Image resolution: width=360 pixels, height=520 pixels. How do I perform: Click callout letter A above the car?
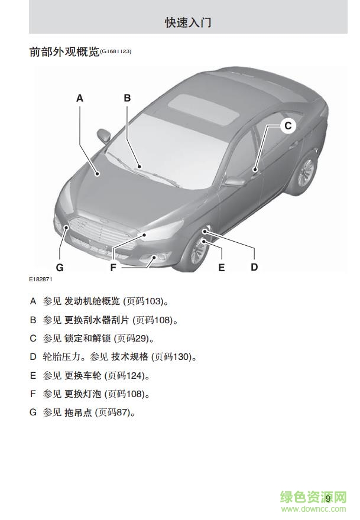point(80,98)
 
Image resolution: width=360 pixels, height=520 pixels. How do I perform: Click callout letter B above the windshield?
point(128,98)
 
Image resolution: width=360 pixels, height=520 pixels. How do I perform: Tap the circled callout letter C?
point(288,125)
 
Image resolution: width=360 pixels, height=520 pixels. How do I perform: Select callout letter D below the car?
point(254,267)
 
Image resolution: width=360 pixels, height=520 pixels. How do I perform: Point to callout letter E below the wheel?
point(221,267)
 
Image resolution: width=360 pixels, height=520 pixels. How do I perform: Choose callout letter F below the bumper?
point(113,267)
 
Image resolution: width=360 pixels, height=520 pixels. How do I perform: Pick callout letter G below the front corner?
point(60,267)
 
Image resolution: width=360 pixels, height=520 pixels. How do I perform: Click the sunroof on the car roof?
point(203,109)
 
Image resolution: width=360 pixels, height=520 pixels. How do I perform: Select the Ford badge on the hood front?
point(104,221)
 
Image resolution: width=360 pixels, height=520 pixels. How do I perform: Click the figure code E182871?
point(40,279)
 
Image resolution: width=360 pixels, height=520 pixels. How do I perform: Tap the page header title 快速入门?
point(188,22)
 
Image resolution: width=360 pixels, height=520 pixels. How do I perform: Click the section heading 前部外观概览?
point(64,52)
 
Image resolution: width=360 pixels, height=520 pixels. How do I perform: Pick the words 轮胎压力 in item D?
point(61,357)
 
